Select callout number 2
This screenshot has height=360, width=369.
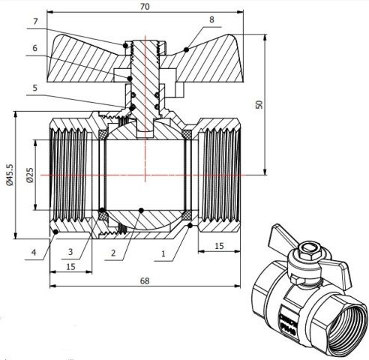tap(113, 253)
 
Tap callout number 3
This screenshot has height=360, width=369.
tap(68, 252)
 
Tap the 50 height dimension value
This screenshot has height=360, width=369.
tap(259, 104)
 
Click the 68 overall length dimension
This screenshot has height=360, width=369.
tap(144, 280)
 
